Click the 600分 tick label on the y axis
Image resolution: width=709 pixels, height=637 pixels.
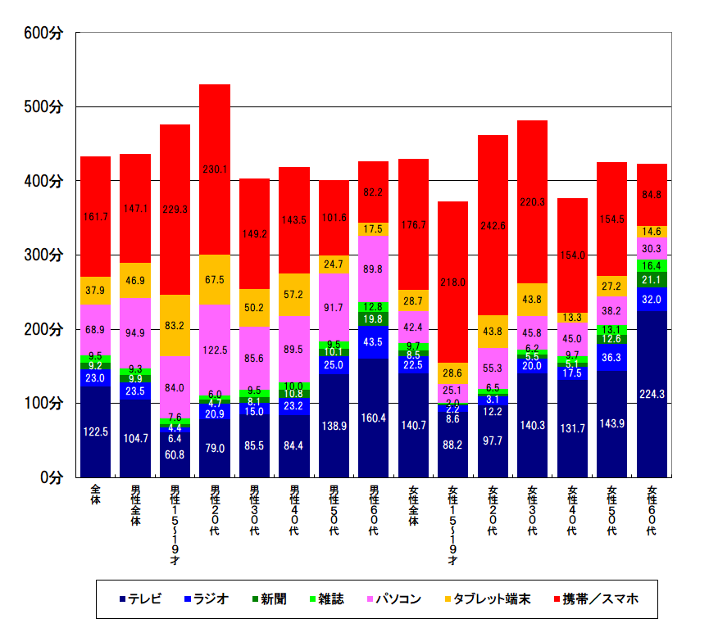pyautogui.click(x=43, y=33)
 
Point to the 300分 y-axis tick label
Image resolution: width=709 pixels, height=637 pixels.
pyautogui.click(x=43, y=255)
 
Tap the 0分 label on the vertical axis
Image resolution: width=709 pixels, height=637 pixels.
pyautogui.click(x=52, y=477)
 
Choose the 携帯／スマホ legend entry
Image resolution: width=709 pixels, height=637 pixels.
pyautogui.click(x=599, y=599)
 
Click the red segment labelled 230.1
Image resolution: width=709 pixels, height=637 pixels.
pyautogui.click(x=215, y=169)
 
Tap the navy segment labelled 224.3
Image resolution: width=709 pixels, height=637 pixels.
pyautogui.click(x=652, y=393)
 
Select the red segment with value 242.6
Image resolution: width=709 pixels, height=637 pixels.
pyautogui.click(x=493, y=225)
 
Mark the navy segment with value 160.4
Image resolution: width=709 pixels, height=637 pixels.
pyautogui.click(x=374, y=417)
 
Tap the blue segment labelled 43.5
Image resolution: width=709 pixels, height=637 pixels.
pyautogui.click(x=374, y=341)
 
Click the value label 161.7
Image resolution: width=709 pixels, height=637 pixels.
pyautogui.click(x=96, y=217)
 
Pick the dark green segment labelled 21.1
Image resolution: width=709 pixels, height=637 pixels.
pyautogui.click(x=652, y=280)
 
